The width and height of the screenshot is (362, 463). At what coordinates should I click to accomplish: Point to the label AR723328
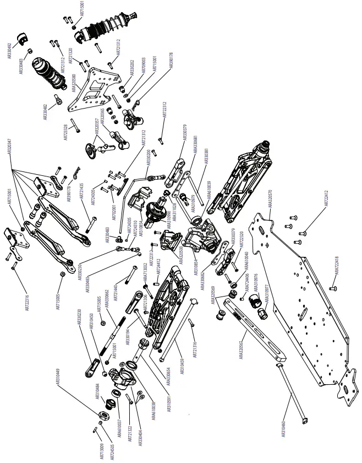66,133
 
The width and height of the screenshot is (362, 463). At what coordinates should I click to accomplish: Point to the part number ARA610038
153,408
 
